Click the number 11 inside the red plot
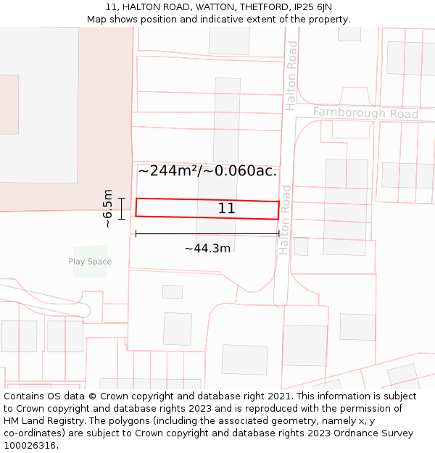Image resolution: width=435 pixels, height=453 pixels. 226,209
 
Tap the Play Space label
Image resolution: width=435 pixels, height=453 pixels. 90,262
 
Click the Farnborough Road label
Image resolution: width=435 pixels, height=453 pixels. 365,114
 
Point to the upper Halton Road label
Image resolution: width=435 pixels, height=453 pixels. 291,75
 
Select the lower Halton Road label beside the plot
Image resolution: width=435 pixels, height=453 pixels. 285,219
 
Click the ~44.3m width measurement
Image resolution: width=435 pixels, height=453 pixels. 207,249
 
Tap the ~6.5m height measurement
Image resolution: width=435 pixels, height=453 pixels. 108,208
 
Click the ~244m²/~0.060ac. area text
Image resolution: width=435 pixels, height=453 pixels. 207,171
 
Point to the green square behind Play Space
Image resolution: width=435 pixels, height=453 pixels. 90,262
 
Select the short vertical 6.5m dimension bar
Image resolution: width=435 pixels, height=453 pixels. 122,208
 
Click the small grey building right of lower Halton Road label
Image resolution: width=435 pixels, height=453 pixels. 301,246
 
